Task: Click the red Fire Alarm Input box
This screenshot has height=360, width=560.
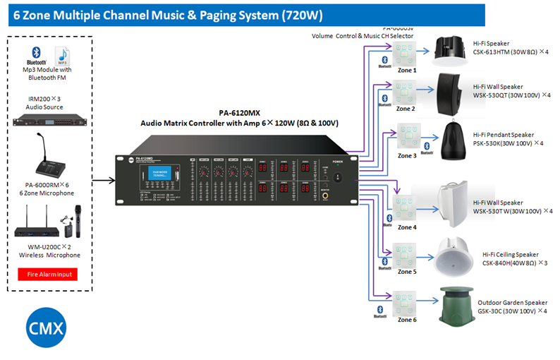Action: [x=47, y=274]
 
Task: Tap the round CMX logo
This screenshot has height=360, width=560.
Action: [x=47, y=329]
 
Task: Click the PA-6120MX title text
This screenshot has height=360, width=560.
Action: [x=240, y=112]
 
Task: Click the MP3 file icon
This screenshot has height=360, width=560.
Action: [x=63, y=55]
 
